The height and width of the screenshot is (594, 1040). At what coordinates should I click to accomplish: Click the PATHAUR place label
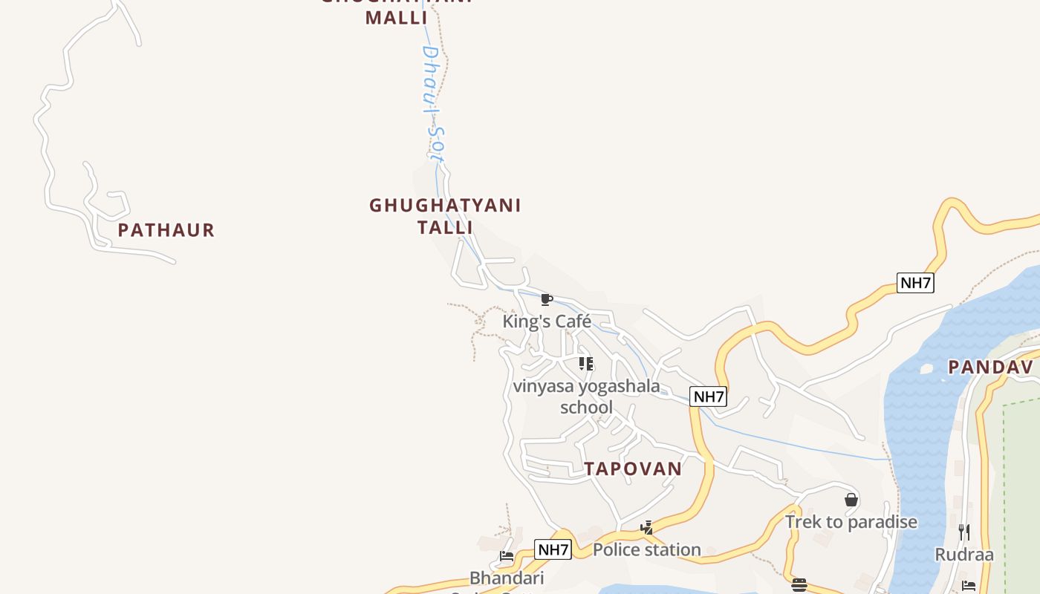(x=166, y=230)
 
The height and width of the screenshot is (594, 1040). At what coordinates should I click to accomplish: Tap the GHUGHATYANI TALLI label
(x=445, y=215)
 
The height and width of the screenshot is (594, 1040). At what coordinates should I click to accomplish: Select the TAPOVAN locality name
(x=632, y=469)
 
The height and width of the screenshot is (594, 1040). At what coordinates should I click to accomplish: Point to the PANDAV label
(x=990, y=367)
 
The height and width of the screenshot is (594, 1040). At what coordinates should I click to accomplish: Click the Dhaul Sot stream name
(x=432, y=104)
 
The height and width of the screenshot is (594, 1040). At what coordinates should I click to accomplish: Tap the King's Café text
(x=547, y=322)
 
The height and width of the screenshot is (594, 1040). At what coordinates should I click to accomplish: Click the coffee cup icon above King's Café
(x=547, y=300)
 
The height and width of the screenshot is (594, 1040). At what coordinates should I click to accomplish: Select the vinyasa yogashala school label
(x=586, y=396)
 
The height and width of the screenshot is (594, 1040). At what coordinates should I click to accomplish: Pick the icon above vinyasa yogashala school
(x=586, y=364)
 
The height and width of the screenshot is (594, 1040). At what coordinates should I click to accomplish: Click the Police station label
(x=646, y=549)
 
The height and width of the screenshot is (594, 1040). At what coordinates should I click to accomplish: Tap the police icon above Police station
(x=647, y=528)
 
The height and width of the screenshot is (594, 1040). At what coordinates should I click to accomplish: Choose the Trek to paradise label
(x=851, y=522)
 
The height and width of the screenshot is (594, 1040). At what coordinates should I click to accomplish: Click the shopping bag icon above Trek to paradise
(x=851, y=500)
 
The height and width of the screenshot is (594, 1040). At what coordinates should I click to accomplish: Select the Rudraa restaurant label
(x=963, y=555)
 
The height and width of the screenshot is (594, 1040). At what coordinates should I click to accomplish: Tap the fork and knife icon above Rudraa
(x=963, y=532)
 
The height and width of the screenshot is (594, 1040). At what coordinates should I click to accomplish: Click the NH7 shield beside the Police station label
(x=553, y=550)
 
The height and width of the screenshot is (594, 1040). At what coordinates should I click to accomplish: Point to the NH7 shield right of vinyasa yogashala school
(x=708, y=396)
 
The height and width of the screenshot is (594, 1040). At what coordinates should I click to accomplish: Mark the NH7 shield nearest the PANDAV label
(x=914, y=283)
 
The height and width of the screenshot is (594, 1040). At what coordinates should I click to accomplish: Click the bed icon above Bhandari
(x=507, y=556)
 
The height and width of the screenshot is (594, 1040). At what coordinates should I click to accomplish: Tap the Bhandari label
(x=507, y=578)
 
